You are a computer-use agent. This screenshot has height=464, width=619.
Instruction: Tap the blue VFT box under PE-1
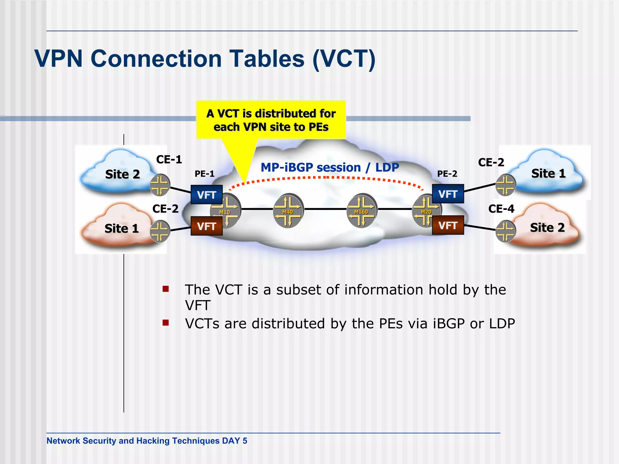coord(206,195)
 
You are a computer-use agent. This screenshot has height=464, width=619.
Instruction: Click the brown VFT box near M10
coord(206,226)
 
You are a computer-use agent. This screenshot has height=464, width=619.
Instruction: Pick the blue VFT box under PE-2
coord(448,194)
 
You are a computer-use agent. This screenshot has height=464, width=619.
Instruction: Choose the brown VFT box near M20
coord(448,225)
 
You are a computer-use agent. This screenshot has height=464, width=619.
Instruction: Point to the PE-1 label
coord(204,174)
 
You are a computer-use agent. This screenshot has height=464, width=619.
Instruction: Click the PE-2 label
coord(447,174)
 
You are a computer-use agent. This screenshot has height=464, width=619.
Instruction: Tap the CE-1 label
coord(169,159)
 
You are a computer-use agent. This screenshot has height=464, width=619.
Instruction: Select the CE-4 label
coord(501,209)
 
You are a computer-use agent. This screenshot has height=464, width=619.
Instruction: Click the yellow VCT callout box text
coord(271,120)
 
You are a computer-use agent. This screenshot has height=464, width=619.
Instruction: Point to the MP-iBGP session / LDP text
coord(329,167)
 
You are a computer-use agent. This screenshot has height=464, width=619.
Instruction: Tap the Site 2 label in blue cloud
coord(122,174)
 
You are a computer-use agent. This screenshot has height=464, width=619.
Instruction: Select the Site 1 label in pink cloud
coord(122,228)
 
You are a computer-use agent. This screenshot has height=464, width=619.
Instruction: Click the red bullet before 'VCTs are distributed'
coord(165,323)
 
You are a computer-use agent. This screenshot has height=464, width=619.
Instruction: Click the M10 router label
coord(225,212)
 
